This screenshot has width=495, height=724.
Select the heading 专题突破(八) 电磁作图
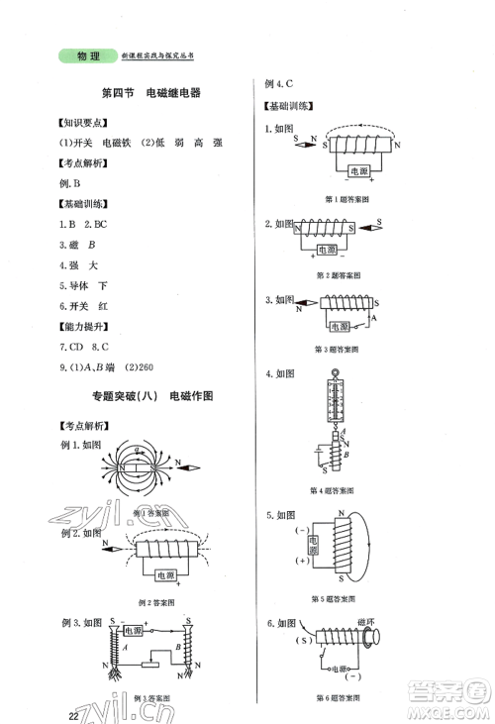point(150,396)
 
